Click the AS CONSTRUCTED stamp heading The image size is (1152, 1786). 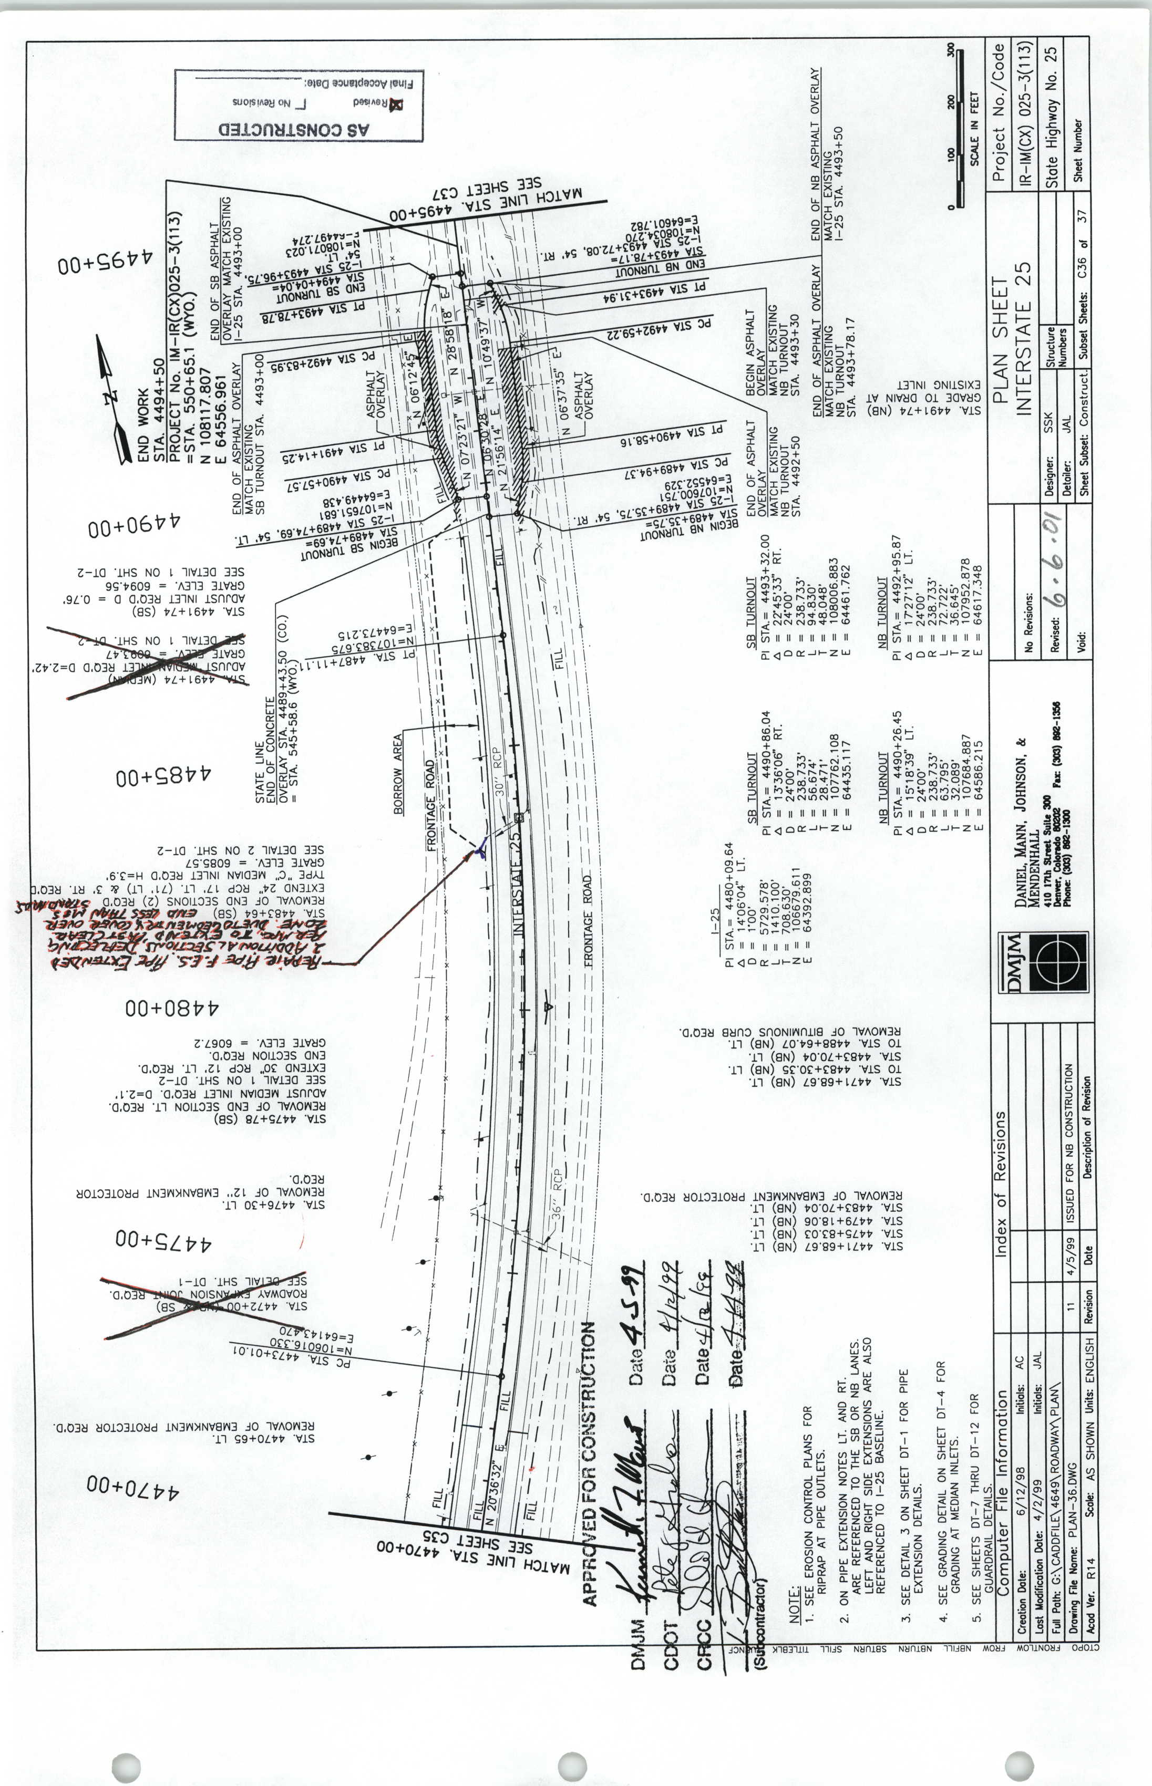[294, 129]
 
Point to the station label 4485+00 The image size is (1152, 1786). [163, 776]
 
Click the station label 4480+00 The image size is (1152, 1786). [172, 1008]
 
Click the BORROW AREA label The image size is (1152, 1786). [398, 774]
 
